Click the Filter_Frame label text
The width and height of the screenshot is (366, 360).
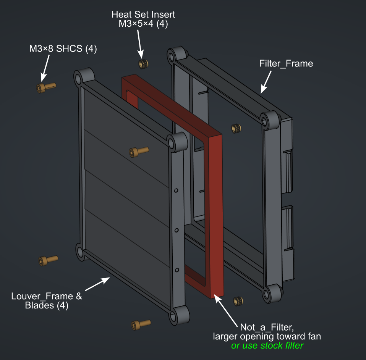(x=285, y=63)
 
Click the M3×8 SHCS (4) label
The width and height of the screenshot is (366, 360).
(x=63, y=48)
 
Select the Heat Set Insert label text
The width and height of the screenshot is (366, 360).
(x=143, y=15)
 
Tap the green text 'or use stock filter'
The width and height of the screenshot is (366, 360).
(x=267, y=346)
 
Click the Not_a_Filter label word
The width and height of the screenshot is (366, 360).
(x=266, y=327)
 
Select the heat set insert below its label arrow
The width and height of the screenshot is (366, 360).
(x=144, y=64)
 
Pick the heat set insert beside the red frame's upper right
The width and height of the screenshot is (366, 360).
(x=237, y=129)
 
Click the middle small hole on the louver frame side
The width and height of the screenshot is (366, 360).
(x=177, y=230)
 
